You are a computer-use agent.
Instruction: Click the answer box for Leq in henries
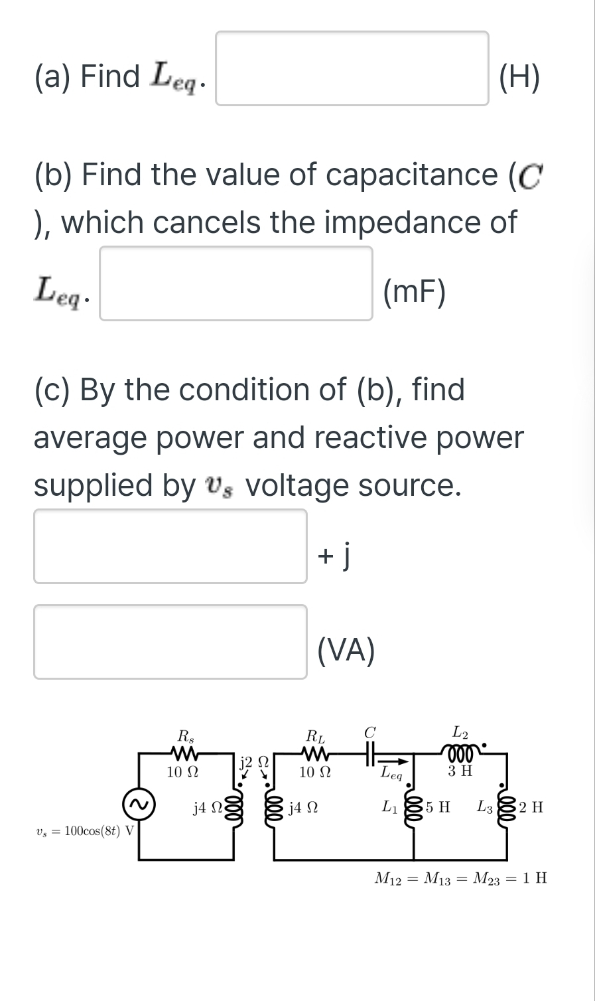pyautogui.click(x=352, y=68)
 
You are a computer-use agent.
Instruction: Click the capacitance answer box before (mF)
pyautogui.click(x=235, y=283)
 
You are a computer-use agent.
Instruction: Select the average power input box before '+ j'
pyautogui.click(x=170, y=546)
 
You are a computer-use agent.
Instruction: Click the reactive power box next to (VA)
pyautogui.click(x=170, y=642)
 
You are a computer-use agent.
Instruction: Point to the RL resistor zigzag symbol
pyautogui.click(x=315, y=753)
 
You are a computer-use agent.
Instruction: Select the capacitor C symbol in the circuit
pyautogui.click(x=369, y=752)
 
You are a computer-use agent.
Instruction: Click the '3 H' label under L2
pyautogui.click(x=460, y=771)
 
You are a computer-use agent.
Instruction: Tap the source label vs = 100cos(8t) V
pyautogui.click(x=84, y=832)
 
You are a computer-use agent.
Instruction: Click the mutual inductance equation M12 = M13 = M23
pyautogui.click(x=461, y=879)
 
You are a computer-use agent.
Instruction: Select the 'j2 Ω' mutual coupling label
pyautogui.click(x=253, y=761)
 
